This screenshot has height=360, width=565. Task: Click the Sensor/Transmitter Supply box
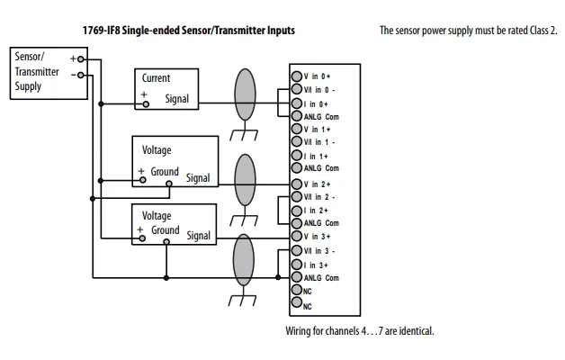[37, 72]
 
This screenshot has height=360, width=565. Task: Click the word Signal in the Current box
[177, 99]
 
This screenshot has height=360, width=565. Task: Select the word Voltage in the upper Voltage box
[157, 150]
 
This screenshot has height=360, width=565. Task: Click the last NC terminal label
[308, 306]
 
